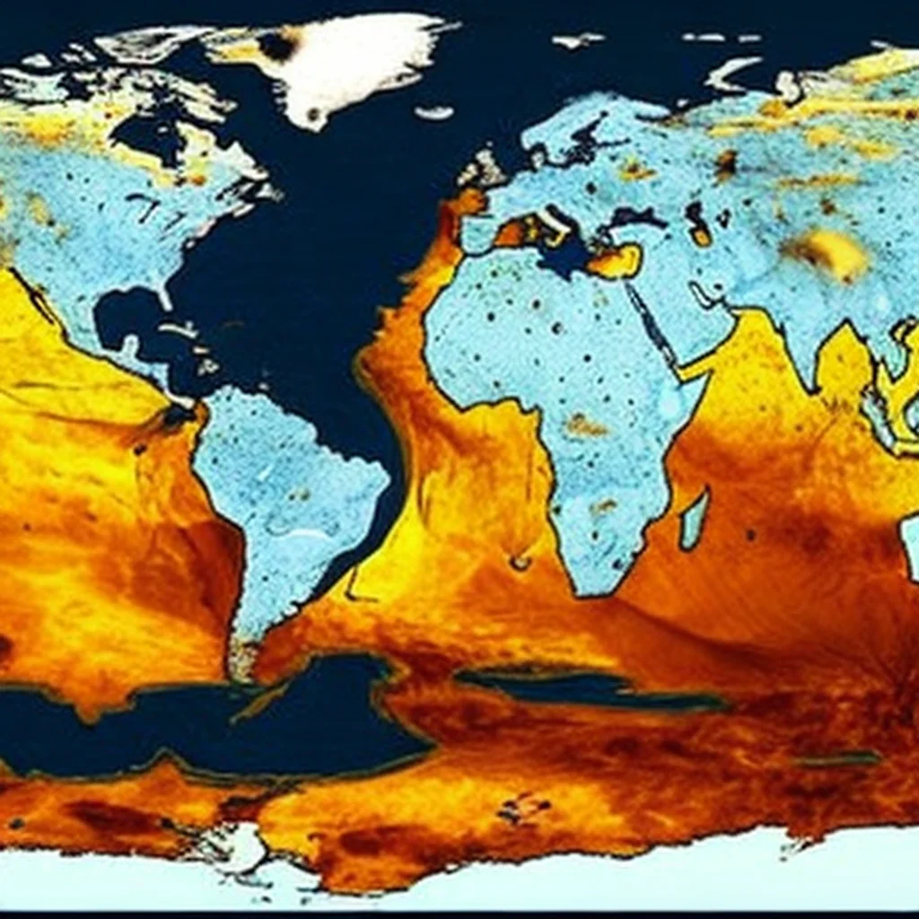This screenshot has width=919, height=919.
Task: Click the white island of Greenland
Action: pos(350,67)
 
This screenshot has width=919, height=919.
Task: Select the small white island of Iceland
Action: pos(435,112)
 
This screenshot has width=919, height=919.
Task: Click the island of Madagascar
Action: pos(693,521)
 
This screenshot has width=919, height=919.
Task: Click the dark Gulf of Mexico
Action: pos(126,314)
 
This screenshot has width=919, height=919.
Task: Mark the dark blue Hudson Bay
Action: pos(144,135)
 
